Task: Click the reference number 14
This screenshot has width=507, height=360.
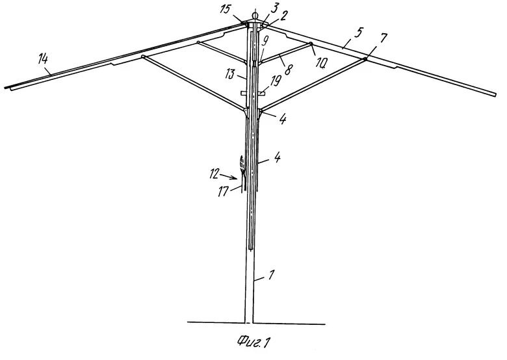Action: click(43, 60)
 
